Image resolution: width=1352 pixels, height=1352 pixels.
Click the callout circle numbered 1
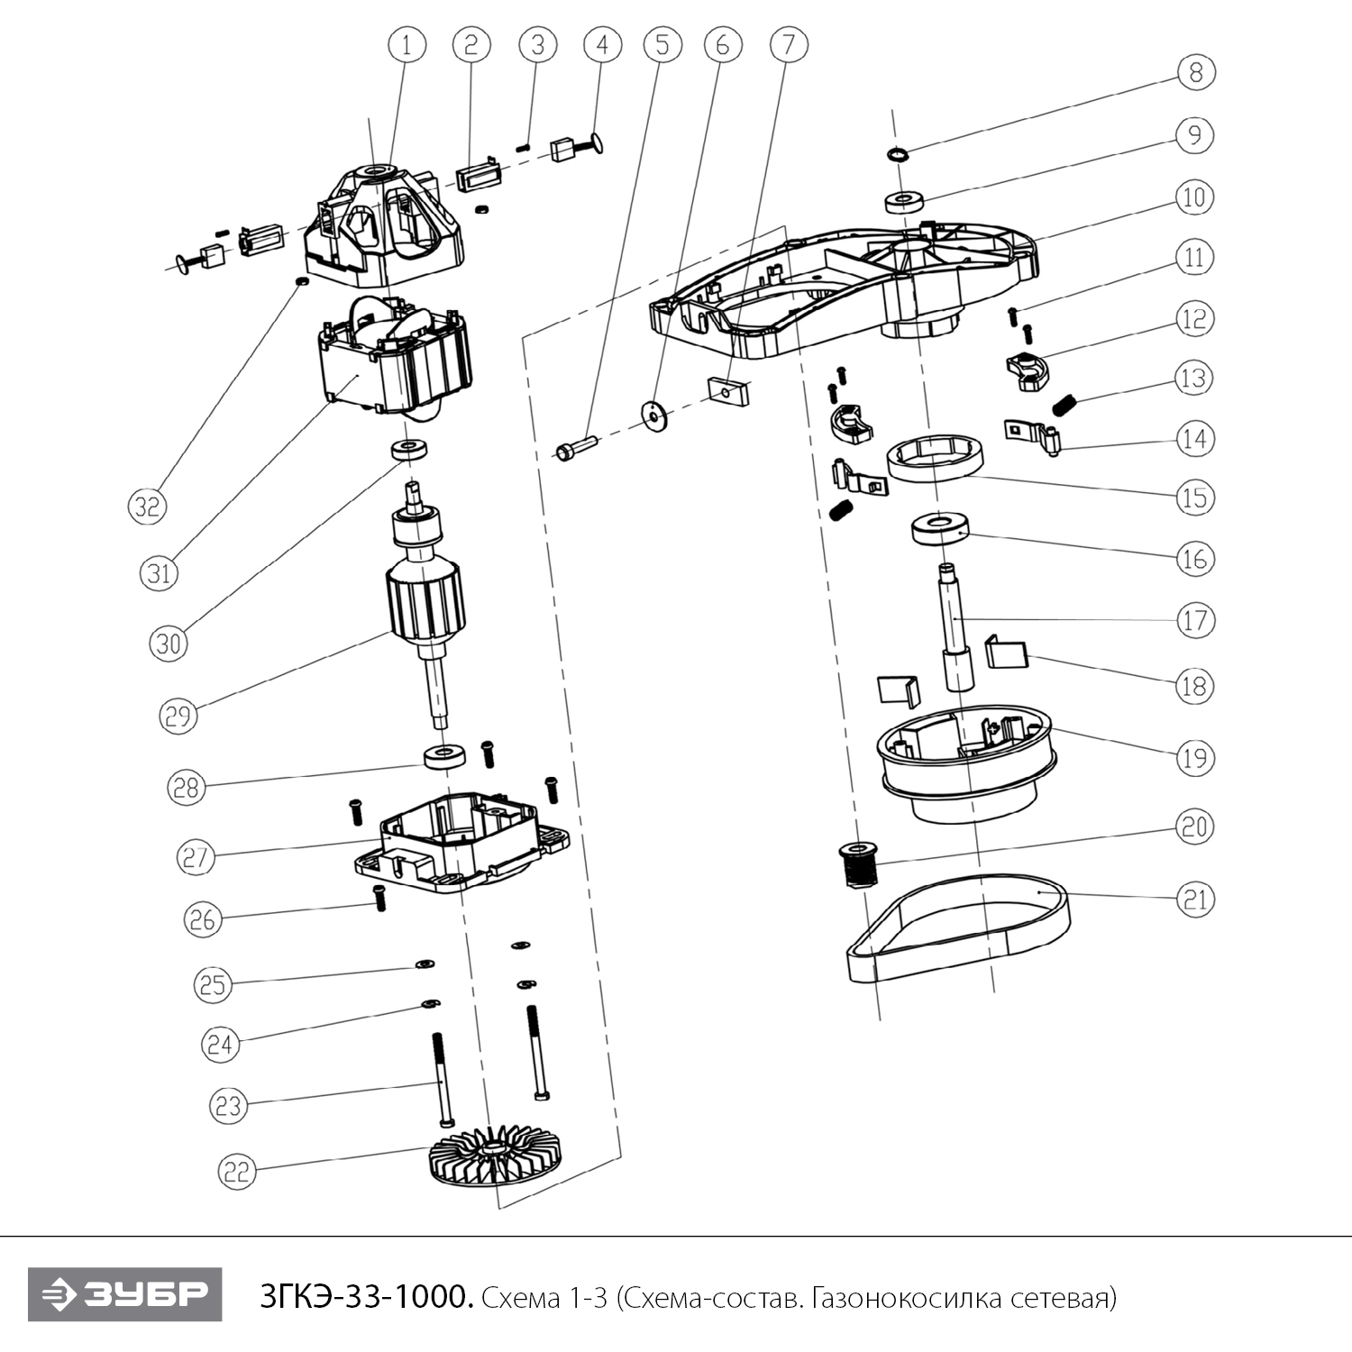click(x=407, y=44)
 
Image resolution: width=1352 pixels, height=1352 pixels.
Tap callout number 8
click(x=1196, y=71)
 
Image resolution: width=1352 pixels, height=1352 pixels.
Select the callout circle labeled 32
click(x=147, y=506)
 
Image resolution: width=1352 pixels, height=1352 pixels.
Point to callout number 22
click(x=237, y=1171)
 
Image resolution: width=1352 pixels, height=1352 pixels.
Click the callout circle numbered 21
click(x=1195, y=899)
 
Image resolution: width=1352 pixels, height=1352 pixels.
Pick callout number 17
click(x=1195, y=620)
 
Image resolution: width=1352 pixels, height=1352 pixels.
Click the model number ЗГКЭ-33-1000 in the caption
click(x=365, y=1298)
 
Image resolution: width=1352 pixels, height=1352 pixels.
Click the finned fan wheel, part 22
click(x=491, y=1164)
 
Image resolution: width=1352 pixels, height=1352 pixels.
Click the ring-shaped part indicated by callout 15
click(x=933, y=458)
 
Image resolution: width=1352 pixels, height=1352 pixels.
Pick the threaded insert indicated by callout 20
click(x=855, y=863)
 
